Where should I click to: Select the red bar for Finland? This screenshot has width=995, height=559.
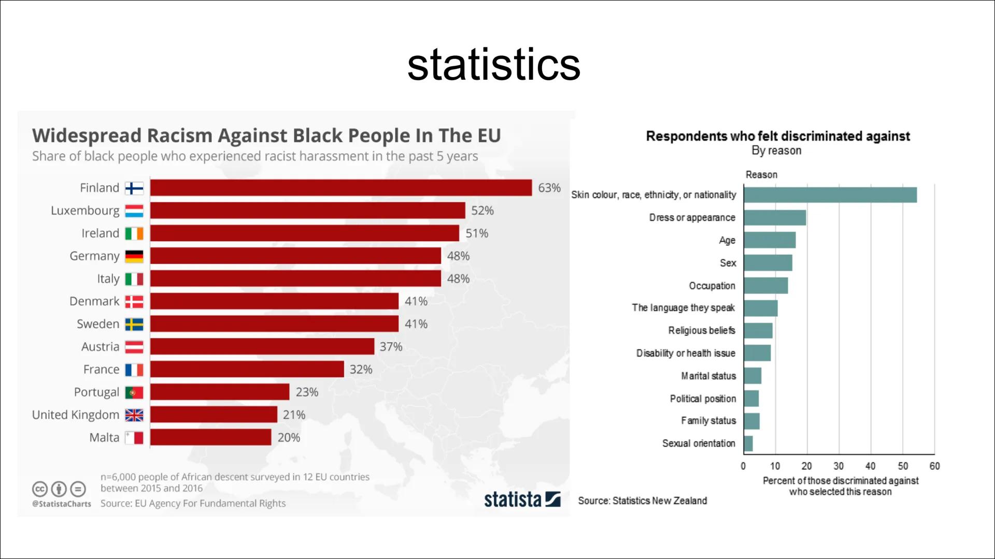pyautogui.click(x=341, y=188)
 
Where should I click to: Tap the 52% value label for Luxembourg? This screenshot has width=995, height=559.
pyautogui.click(x=482, y=211)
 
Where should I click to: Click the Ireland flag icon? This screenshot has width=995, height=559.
pyautogui.click(x=134, y=233)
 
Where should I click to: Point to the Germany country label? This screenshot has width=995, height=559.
pyautogui.click(x=94, y=256)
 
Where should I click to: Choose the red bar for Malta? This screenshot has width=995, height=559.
pyautogui.click(x=210, y=437)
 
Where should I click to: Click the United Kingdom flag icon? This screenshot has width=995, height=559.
pyautogui.click(x=134, y=415)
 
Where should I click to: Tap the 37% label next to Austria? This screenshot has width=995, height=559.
pyautogui.click(x=391, y=347)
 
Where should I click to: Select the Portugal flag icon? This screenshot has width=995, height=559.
pyautogui.click(x=134, y=392)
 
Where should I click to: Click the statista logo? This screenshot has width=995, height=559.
pyautogui.click(x=522, y=499)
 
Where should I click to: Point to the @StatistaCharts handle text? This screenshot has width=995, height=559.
pyautogui.click(x=62, y=504)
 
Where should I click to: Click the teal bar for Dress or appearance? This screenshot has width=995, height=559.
pyautogui.click(x=775, y=218)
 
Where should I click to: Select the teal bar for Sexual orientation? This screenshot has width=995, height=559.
pyautogui.click(x=748, y=444)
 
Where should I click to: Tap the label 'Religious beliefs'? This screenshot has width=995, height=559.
pyautogui.click(x=701, y=330)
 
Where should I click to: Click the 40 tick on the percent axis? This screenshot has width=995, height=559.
pyautogui.click(x=870, y=466)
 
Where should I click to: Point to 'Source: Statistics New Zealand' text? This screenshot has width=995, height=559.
pyautogui.click(x=642, y=501)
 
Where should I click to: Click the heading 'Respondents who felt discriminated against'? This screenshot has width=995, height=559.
pyautogui.click(x=777, y=136)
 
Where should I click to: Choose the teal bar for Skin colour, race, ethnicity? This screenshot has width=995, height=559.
pyautogui.click(x=830, y=195)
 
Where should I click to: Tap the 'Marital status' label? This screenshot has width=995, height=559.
pyautogui.click(x=708, y=376)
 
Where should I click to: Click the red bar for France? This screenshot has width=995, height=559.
pyautogui.click(x=247, y=370)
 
